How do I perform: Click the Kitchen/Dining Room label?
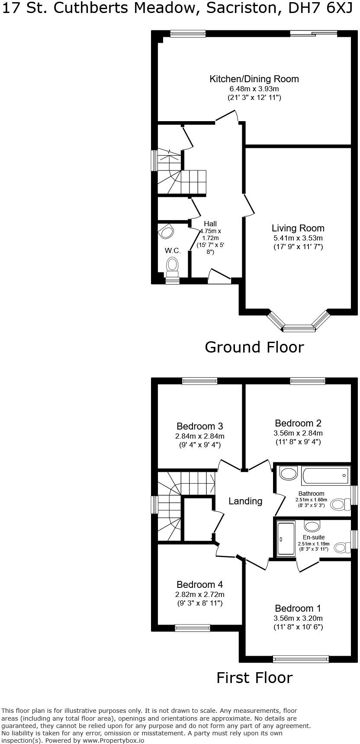[x=254, y=79]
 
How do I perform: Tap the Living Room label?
[x=298, y=228]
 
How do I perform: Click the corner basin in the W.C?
[x=166, y=232]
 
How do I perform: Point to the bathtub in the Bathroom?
[x=326, y=476]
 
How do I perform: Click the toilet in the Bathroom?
[x=341, y=504]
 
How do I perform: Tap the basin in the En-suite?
[x=312, y=526]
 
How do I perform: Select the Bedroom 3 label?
[x=199, y=427]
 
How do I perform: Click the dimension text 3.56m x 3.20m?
[x=298, y=618]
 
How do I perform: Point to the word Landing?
[x=245, y=501]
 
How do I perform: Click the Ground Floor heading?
[x=254, y=347]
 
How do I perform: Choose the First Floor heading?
[x=254, y=677]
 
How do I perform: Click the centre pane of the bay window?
[x=299, y=329]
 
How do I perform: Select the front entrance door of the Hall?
[x=219, y=277]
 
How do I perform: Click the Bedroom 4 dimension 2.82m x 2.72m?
[x=199, y=594]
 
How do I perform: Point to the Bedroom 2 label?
[x=298, y=423]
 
